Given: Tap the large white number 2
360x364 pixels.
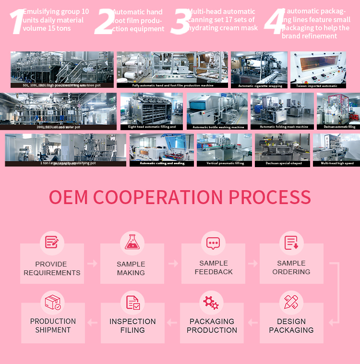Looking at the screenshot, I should pyautogui.click(x=104, y=22).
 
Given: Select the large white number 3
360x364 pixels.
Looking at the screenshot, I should pyautogui.click(x=180, y=22).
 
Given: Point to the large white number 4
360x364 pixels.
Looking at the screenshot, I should pyautogui.click(x=274, y=22).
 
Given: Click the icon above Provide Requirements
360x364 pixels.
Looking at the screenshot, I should pyautogui.click(x=51, y=242).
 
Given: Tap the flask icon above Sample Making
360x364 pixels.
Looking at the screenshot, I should pyautogui.click(x=132, y=242).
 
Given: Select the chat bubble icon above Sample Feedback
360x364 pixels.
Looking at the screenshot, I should pyautogui.click(x=213, y=243).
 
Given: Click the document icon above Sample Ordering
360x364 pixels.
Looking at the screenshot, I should pyautogui.click(x=291, y=243).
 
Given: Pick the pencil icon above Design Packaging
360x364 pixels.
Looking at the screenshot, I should pyautogui.click(x=291, y=302).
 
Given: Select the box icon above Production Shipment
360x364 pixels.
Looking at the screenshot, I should pyautogui.click(x=53, y=302).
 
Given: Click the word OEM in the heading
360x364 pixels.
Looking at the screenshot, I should pyautogui.click(x=69, y=197).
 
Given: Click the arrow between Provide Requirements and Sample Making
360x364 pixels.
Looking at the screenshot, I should pyautogui.click(x=92, y=264).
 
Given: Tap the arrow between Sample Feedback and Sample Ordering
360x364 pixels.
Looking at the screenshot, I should pyautogui.click(x=252, y=264).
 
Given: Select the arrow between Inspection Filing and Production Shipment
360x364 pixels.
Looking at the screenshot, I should pyautogui.click(x=92, y=322).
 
